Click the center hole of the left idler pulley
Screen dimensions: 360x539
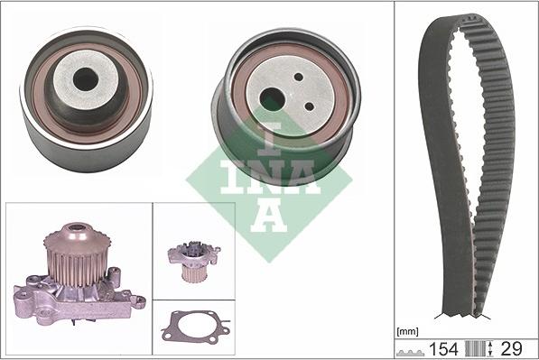pyautogui.click(x=86, y=78)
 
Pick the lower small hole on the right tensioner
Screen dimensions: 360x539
pyautogui.click(x=310, y=106)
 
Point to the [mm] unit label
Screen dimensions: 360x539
pyautogui.click(x=409, y=331)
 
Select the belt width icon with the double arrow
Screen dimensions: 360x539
pyautogui.click(x=489, y=347)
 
